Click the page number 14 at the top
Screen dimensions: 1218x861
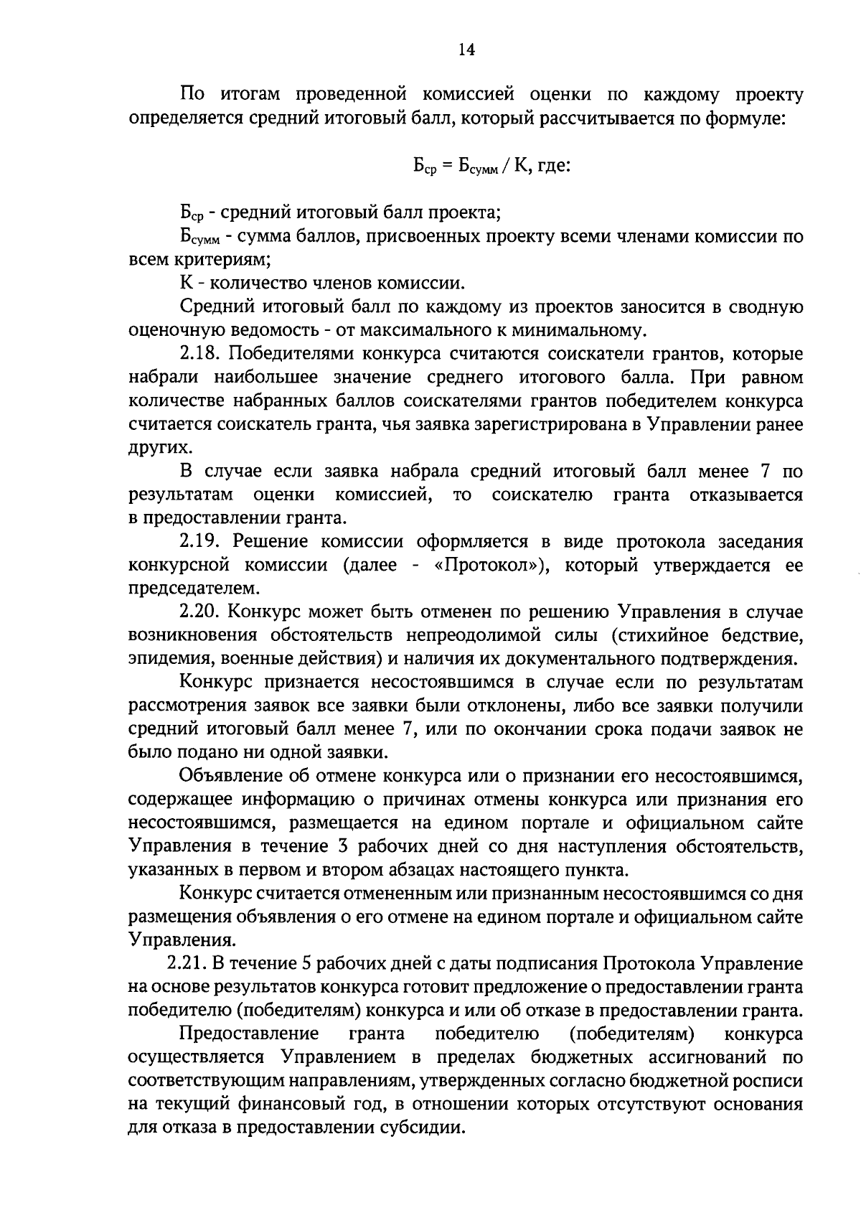click(466, 50)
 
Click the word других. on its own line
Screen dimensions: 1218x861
click(151, 448)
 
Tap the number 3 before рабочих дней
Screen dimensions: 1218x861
click(342, 847)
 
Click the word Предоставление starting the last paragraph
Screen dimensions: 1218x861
click(249, 1034)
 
